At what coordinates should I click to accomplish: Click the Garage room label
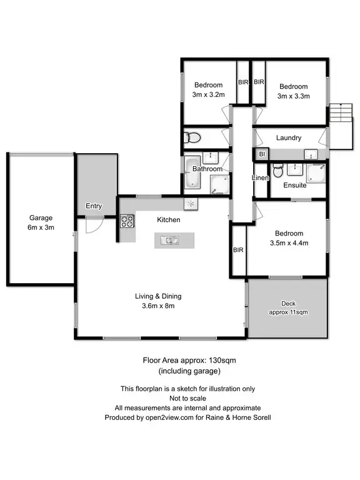[41, 218]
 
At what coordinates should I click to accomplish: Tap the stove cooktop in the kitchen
[127, 221]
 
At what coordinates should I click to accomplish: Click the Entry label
[94, 206]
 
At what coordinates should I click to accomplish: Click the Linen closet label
[260, 178]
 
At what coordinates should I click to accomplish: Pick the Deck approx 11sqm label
[288, 308]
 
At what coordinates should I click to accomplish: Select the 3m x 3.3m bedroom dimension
[294, 96]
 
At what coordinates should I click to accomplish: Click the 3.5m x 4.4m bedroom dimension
[288, 243]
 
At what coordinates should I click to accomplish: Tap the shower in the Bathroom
[218, 184]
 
